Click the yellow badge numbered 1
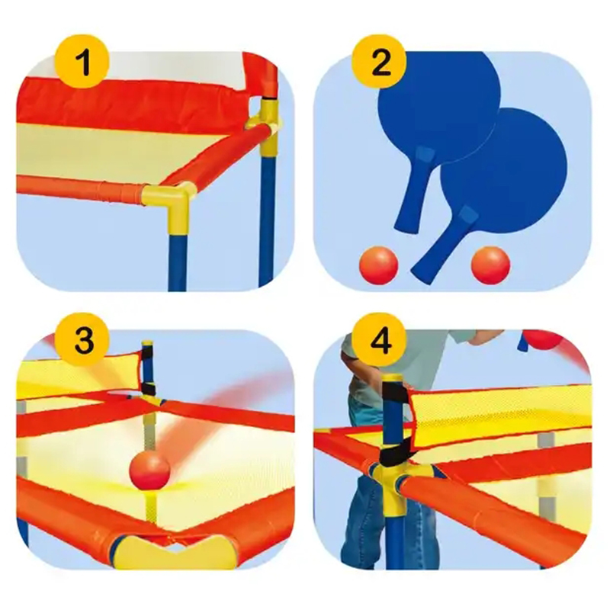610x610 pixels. point(82,62)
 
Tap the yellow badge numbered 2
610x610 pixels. point(379,62)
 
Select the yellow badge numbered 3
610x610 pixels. point(82,340)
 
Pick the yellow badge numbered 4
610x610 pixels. point(379,340)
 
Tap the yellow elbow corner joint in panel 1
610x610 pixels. point(170,204)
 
